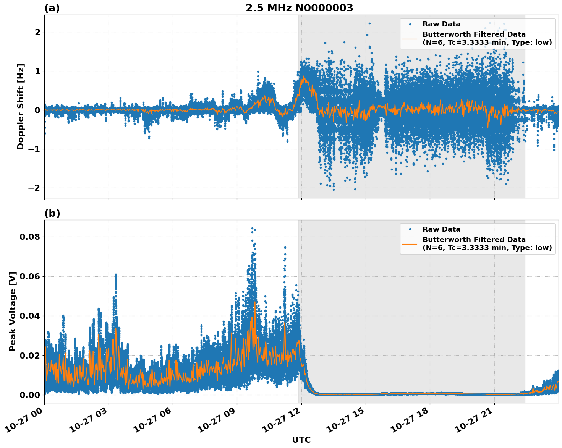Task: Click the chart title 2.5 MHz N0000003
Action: click(x=299, y=8)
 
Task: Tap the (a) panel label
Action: click(x=52, y=8)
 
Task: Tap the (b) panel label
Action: click(x=52, y=213)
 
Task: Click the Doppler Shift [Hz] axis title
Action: click(x=21, y=106)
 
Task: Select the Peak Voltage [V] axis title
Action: click(x=13, y=320)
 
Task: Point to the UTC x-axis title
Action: click(x=301, y=440)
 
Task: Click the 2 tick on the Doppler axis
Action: click(x=37, y=32)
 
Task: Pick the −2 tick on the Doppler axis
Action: click(x=34, y=188)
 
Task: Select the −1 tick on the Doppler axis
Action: click(x=34, y=149)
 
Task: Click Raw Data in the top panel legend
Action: click(x=441, y=24)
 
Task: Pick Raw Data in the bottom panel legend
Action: click(x=441, y=229)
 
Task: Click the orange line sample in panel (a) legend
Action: click(x=410, y=38)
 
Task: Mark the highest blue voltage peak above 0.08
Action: click(x=252, y=228)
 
